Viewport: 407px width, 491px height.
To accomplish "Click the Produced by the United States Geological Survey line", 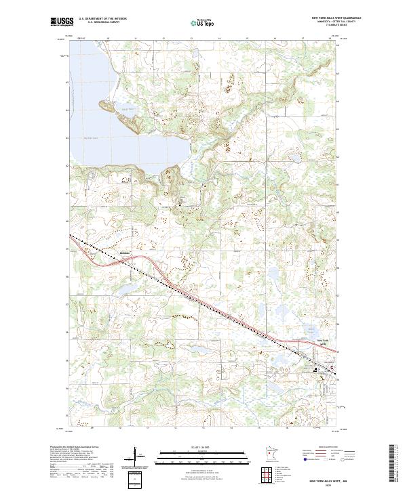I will [x=75, y=448].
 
